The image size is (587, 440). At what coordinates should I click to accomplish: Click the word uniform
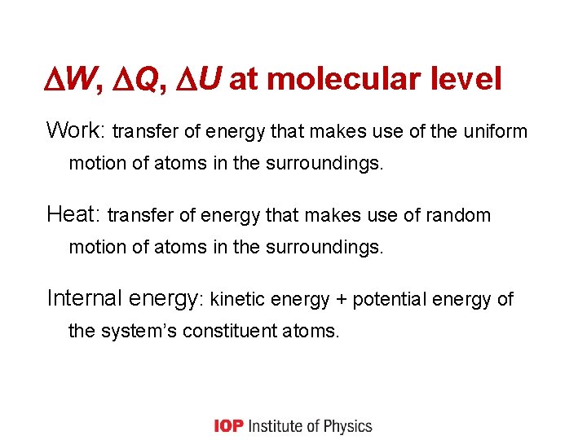pyautogui.click(x=498, y=131)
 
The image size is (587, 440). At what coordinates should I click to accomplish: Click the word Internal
pyautogui.click(x=84, y=298)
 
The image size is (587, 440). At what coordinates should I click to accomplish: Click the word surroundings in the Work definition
pyautogui.click(x=324, y=163)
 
